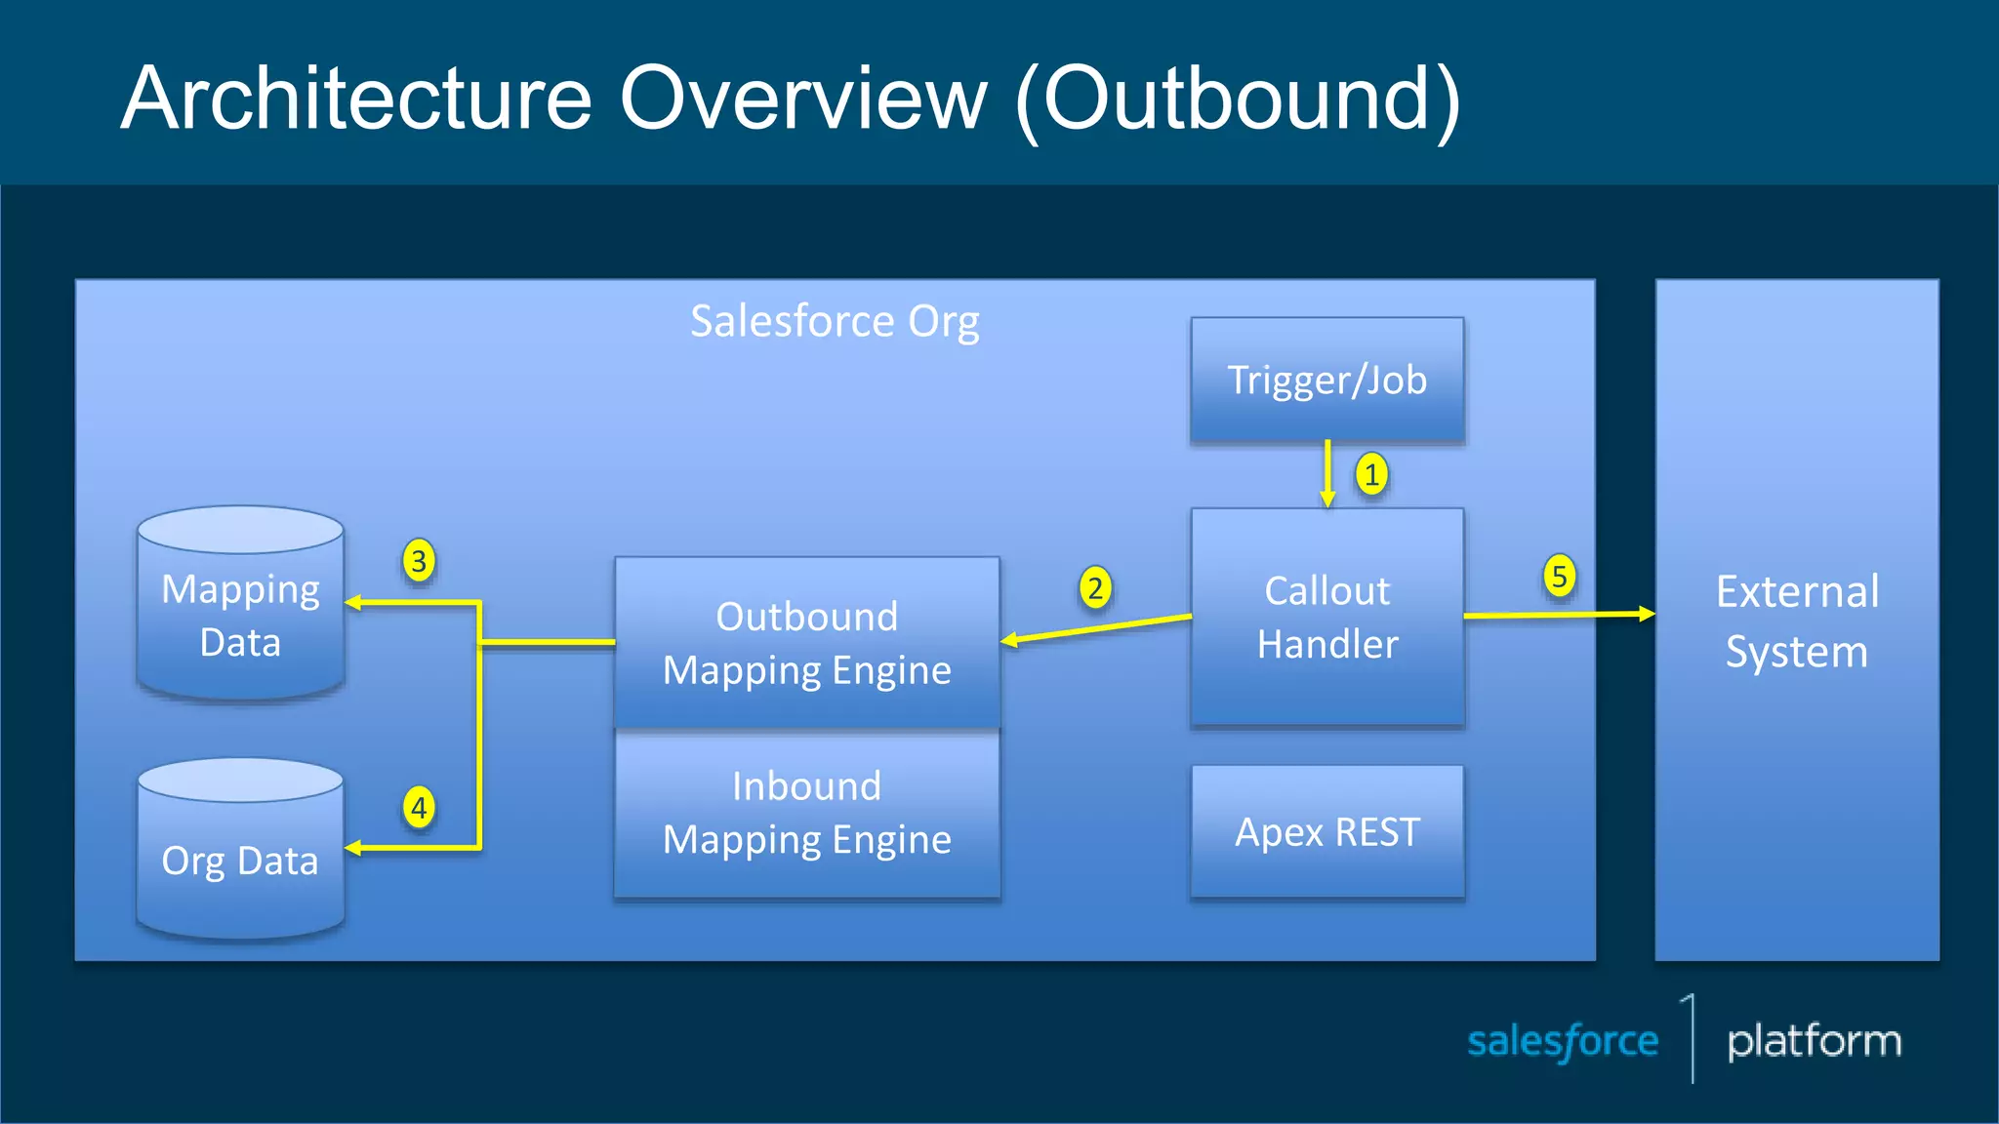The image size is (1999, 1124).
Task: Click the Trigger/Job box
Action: click(x=1326, y=381)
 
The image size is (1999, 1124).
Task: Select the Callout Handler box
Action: click(x=1326, y=617)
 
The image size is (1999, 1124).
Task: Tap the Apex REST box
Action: click(x=1326, y=831)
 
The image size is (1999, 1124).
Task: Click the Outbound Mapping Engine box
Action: click(x=806, y=642)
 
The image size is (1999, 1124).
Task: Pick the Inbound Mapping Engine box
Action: click(x=806, y=813)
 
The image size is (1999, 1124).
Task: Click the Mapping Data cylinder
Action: click(x=240, y=615)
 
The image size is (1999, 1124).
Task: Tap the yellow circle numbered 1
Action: click(x=1371, y=475)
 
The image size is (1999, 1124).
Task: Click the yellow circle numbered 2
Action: click(x=1095, y=588)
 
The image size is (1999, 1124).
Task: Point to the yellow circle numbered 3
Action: click(x=419, y=561)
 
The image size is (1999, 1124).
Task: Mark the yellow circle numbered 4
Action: click(x=419, y=808)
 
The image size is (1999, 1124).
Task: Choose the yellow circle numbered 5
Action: click(x=1559, y=576)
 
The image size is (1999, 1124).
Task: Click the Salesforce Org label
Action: click(x=835, y=322)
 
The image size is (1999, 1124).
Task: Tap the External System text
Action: click(x=1797, y=621)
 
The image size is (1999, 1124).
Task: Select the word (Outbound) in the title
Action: click(x=1238, y=100)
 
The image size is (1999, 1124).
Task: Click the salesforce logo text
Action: click(x=1562, y=1042)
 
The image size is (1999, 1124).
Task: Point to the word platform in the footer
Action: click(x=1814, y=1042)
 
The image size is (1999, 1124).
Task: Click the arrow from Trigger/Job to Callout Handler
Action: click(x=1327, y=472)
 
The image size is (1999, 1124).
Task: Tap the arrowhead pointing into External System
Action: click(x=1647, y=614)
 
